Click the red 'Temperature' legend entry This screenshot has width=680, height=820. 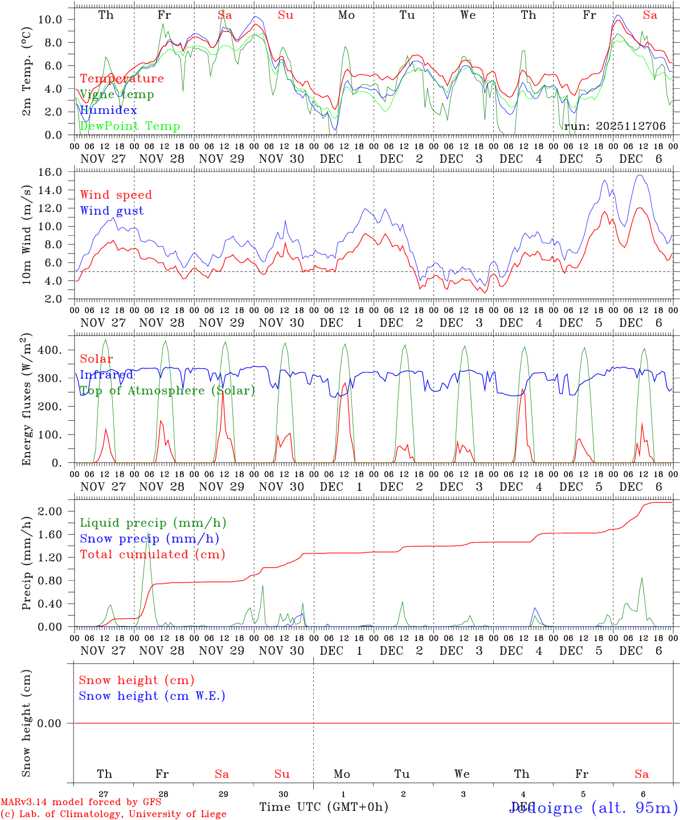(x=121, y=79)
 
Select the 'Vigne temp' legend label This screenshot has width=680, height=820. (x=116, y=95)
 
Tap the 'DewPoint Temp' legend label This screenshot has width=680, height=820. (x=129, y=126)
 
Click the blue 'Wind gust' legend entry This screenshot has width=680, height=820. (x=112, y=211)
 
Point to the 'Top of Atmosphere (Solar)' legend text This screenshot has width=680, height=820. (x=167, y=391)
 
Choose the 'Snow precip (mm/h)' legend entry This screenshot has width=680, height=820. (x=149, y=539)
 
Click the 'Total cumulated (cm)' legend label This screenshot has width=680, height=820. (x=152, y=555)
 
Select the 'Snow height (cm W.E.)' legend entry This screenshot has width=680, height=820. (x=151, y=696)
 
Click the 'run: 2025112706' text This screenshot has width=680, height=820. (x=615, y=126)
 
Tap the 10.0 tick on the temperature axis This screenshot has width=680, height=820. (x=51, y=19)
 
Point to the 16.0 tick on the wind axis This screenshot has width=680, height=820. (x=51, y=172)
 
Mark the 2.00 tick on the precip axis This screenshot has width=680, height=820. (x=51, y=511)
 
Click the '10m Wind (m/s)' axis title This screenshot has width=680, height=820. (x=27, y=234)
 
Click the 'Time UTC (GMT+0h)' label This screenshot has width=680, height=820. (x=323, y=807)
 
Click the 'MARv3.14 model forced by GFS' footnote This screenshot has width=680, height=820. (x=80, y=802)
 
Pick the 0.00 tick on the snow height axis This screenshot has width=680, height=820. (x=51, y=723)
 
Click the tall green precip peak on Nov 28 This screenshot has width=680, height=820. (x=149, y=534)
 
